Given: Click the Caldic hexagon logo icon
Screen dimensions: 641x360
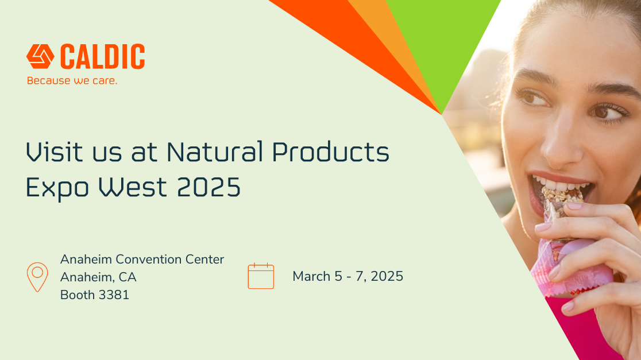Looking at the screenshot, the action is click(40, 56).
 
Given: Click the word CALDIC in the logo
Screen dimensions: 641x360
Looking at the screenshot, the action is click(103, 56).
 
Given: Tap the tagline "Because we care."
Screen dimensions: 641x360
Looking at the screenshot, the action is click(72, 80).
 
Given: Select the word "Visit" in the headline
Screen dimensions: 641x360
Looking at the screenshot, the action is click(55, 152).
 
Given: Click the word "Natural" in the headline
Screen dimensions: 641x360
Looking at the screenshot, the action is click(215, 152).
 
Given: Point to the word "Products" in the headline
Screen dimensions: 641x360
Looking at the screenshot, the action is click(331, 152).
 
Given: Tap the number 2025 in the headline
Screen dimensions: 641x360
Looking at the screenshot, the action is click(209, 187).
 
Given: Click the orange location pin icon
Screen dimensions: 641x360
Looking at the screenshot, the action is click(37, 277).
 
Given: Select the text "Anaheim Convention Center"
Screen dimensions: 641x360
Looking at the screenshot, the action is click(142, 259).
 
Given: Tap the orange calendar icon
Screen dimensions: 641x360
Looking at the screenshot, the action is click(261, 276).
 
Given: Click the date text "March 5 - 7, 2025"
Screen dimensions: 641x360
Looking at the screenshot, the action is click(348, 276).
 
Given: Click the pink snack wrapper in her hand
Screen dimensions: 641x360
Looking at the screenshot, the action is click(572, 266).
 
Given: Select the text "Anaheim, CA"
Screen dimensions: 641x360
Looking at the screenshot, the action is click(98, 277).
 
